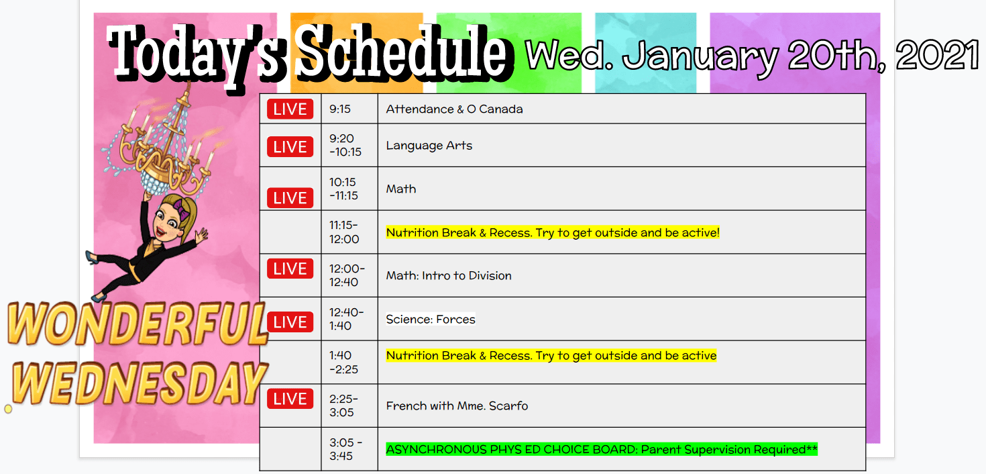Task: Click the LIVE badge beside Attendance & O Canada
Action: [290, 109]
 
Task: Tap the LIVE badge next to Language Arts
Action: [290, 147]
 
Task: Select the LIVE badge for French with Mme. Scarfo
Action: [290, 399]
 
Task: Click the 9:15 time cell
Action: [340, 109]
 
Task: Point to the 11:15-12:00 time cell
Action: [344, 232]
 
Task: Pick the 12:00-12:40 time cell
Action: [347, 275]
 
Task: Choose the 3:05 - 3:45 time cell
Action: [345, 449]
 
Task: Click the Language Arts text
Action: [429, 146]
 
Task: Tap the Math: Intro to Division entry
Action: [449, 275]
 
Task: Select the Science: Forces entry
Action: [431, 319]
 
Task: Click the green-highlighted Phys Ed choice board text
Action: [602, 449]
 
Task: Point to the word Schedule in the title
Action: [401, 54]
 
